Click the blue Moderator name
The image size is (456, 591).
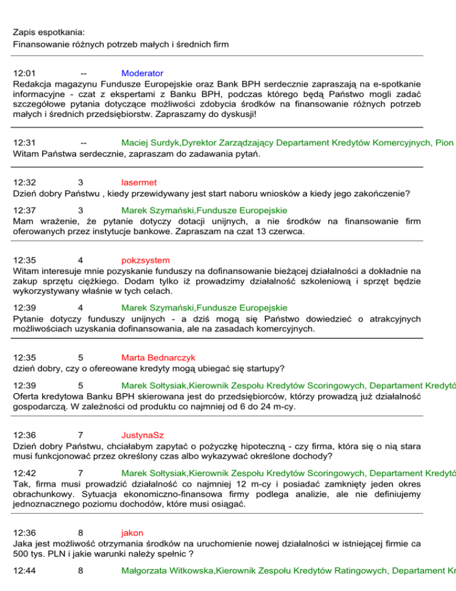[142, 73]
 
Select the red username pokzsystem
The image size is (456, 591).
[145, 260]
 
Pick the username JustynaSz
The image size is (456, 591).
[143, 435]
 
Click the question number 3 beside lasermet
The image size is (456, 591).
[80, 183]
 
